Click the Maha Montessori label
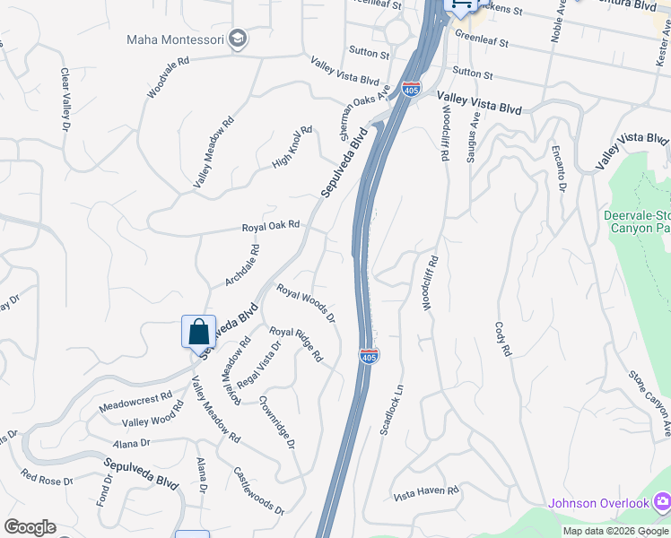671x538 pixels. [175, 39]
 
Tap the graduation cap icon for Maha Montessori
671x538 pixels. [237, 39]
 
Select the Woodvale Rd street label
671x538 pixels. [170, 78]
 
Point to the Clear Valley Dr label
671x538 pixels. [65, 98]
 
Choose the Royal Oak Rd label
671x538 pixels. [270, 227]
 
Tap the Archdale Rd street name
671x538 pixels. [242, 265]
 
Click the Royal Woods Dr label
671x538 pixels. [305, 304]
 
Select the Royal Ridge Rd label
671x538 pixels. [296, 343]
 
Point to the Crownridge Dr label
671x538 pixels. [276, 421]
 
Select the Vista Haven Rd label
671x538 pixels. [426, 491]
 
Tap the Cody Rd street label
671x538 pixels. [501, 339]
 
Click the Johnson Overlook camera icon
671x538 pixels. [662, 501]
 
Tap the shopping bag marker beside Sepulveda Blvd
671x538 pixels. [198, 332]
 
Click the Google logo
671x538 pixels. [30, 527]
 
